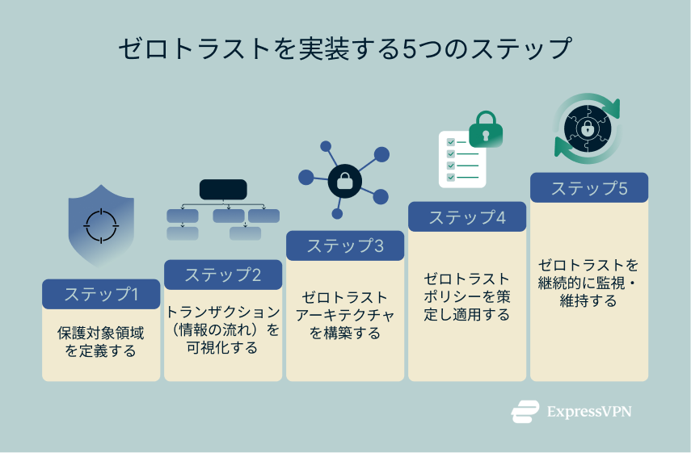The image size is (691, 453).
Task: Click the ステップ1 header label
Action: [x=101, y=294]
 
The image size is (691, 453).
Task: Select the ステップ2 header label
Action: [x=223, y=275]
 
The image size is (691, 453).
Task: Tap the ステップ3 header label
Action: [x=345, y=246]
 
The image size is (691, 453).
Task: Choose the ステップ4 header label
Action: [x=467, y=217]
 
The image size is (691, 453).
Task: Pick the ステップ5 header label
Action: [x=589, y=188]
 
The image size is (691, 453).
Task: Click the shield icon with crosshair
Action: [x=102, y=225]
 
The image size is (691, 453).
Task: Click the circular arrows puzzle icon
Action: [x=588, y=128]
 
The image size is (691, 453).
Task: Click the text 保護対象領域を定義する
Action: [x=101, y=342]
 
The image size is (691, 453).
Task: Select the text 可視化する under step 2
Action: [x=222, y=348]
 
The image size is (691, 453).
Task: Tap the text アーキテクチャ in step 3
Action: [x=345, y=315]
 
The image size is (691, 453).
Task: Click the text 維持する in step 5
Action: [x=588, y=300]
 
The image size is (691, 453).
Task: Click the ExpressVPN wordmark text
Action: [x=588, y=411]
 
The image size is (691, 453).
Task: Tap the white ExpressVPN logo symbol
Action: [x=525, y=412]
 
